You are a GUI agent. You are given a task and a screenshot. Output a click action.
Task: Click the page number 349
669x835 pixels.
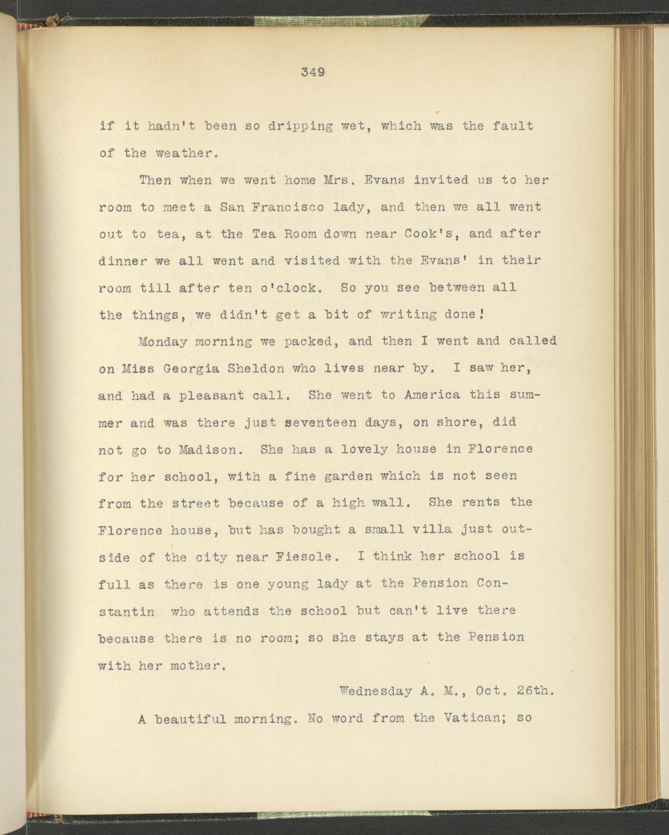click(x=313, y=72)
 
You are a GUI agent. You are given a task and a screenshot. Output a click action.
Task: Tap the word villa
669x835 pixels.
click(x=432, y=529)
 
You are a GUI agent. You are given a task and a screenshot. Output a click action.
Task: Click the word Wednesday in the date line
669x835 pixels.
click(x=375, y=690)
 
